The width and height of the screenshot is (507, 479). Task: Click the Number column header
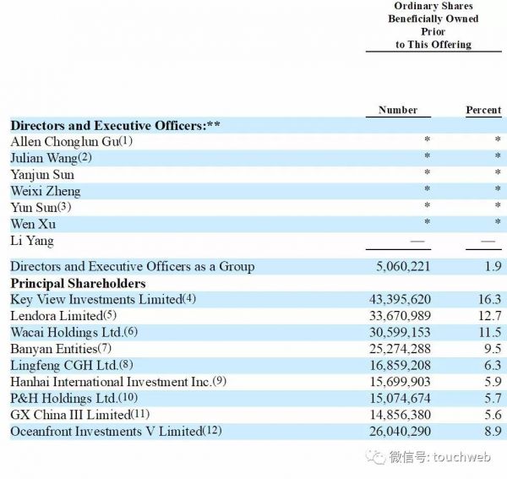(x=397, y=110)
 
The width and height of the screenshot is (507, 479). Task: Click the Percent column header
(x=483, y=110)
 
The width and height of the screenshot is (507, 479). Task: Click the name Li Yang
(x=32, y=241)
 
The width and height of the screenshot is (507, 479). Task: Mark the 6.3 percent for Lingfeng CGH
(x=493, y=365)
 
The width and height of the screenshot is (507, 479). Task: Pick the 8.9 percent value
(x=493, y=432)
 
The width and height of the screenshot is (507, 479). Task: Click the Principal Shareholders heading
(x=78, y=283)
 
